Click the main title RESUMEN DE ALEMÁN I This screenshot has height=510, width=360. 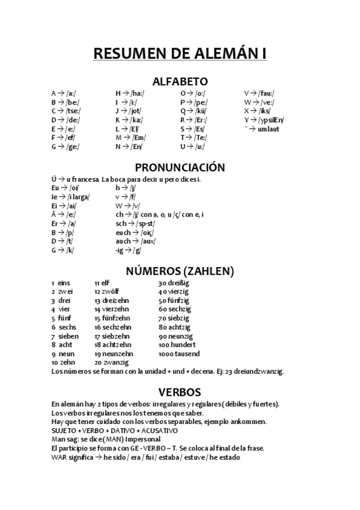(x=180, y=54)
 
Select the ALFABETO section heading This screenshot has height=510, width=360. (x=180, y=81)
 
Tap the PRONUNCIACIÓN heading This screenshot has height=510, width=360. (x=180, y=167)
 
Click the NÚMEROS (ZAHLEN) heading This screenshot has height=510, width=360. (x=180, y=271)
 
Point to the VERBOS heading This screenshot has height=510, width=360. (x=180, y=392)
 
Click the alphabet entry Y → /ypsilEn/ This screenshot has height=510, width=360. (x=264, y=120)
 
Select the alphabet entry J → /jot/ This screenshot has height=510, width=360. (x=127, y=111)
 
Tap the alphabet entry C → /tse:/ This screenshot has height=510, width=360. (x=65, y=111)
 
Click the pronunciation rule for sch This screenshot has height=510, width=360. (x=135, y=223)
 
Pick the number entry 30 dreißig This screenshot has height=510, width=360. (x=174, y=282)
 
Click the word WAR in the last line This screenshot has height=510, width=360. (x=58, y=457)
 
